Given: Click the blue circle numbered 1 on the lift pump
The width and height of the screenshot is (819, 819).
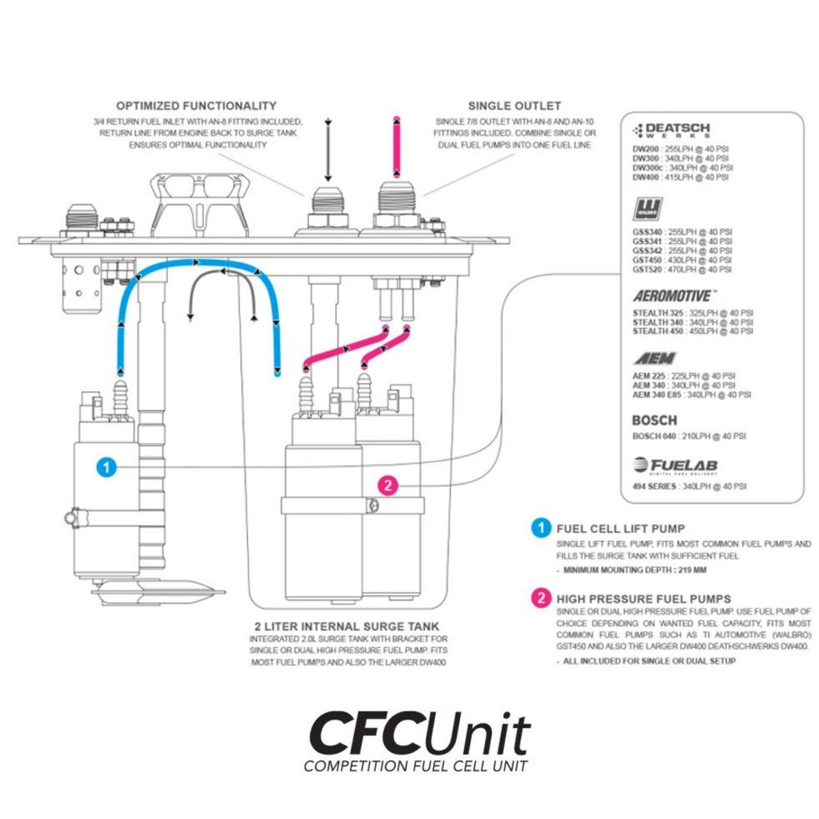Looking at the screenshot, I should tap(107, 468).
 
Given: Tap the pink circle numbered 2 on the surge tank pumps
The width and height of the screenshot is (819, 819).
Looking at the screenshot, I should tap(388, 485).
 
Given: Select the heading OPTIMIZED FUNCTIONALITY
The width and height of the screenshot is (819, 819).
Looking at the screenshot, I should tap(196, 106).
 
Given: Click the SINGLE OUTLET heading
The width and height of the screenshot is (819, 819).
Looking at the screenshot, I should tap(514, 106).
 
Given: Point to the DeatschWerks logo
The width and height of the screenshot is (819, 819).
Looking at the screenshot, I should tap(671, 130).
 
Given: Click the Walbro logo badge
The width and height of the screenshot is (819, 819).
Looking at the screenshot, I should tap(647, 209).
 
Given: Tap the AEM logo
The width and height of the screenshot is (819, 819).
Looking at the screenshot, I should tap(655, 358).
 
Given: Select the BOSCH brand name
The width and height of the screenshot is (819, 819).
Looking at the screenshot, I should tap(654, 421).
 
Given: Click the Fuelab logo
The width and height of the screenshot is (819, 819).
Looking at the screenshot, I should tap(675, 466).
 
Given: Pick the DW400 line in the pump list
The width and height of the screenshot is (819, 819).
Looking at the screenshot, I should tap(680, 177).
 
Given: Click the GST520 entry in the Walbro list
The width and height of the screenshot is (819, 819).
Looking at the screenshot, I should tap(682, 270).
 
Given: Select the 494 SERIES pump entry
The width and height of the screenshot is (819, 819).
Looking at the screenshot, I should tap(689, 486).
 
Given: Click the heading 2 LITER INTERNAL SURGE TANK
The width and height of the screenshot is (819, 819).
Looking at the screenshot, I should tap(347, 626).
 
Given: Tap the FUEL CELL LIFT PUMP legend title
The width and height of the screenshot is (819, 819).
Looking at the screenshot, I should tap(620, 529).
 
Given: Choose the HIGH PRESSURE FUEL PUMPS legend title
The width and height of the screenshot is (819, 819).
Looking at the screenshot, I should tap(643, 599).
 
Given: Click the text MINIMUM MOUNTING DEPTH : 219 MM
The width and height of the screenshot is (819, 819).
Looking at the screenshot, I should tap(635, 570).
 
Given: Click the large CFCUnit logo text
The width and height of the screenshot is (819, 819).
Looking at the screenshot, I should tap(419, 734).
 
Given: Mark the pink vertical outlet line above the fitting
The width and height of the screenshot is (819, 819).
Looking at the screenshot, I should tap(397, 147).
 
